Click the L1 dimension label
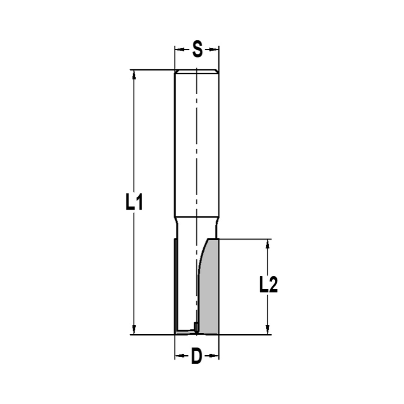click(134, 203)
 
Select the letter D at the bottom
click(196, 356)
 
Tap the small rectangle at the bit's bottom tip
click(196, 326)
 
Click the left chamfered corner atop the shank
click(176, 72)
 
